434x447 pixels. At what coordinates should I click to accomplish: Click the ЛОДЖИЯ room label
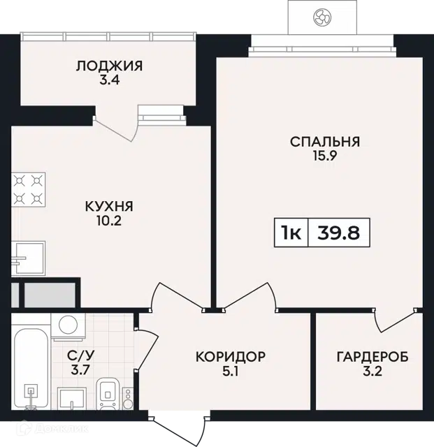click(109, 66)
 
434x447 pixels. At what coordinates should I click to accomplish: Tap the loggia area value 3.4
click(109, 80)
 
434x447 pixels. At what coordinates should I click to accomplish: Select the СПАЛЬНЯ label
click(325, 142)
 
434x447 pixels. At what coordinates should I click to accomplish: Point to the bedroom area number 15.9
click(325, 156)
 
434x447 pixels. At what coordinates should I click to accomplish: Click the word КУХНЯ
click(109, 206)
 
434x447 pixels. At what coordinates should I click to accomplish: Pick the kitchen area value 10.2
click(109, 221)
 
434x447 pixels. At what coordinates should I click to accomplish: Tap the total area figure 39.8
click(339, 233)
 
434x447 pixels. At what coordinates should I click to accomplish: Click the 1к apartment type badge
click(291, 233)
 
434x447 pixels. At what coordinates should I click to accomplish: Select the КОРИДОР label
click(231, 357)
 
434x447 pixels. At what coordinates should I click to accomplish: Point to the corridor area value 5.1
click(231, 371)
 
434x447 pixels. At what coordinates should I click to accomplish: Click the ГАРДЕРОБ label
click(372, 357)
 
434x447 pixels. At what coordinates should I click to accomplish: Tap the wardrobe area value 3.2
click(372, 371)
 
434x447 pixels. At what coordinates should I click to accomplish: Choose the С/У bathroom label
click(81, 356)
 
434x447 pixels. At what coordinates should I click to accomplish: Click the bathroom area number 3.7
click(81, 370)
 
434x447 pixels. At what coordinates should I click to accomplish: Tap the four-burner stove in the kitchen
click(28, 189)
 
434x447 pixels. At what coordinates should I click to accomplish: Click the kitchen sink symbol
click(28, 258)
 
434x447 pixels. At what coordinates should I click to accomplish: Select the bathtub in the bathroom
click(31, 369)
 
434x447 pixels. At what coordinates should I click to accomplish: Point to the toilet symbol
click(108, 394)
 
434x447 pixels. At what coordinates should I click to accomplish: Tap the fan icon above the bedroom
click(322, 17)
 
